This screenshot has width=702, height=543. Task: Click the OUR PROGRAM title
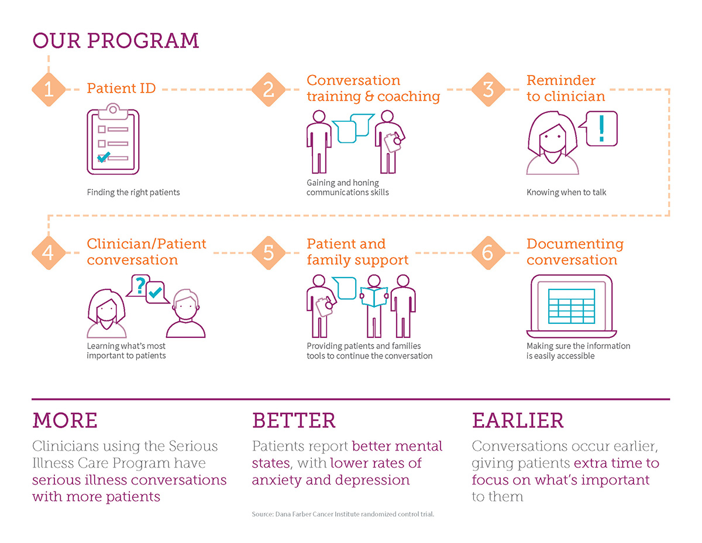click(x=116, y=40)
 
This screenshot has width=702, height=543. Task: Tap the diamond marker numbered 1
click(x=49, y=89)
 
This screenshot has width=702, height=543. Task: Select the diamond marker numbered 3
click(x=488, y=89)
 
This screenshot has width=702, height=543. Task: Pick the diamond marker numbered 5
click(x=269, y=252)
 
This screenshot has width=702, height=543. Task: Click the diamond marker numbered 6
click(x=488, y=252)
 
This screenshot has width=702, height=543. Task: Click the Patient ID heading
click(x=121, y=88)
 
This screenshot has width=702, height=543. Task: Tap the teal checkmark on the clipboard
click(x=104, y=156)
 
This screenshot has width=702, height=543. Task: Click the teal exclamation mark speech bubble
click(x=598, y=129)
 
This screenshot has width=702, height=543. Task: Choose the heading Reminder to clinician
click(x=565, y=88)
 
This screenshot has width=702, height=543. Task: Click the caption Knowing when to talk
click(x=566, y=192)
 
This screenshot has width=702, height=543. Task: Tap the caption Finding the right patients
click(x=133, y=192)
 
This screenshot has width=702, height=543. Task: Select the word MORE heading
click(x=65, y=420)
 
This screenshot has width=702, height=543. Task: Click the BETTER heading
click(x=294, y=420)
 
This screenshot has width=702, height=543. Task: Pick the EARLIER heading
click(x=518, y=420)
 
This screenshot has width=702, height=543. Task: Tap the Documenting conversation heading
click(x=575, y=252)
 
